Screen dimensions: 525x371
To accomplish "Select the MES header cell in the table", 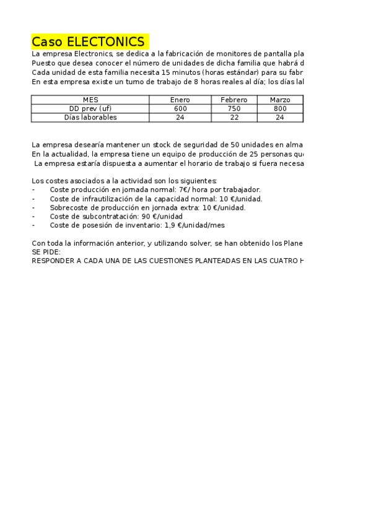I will tap(90, 100).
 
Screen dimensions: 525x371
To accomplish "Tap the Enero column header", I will tap(180, 100).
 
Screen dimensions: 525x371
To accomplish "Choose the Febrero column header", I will tap(234, 100).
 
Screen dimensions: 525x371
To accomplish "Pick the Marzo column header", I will tap(280, 100).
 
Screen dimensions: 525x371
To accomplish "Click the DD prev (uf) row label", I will tap(90, 108).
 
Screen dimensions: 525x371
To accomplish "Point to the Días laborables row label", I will tap(90, 117).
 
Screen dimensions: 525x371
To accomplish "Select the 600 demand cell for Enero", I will tap(180, 108).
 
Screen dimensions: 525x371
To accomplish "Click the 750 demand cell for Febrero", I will tap(234, 108).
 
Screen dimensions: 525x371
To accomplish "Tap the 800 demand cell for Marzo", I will tap(280, 108).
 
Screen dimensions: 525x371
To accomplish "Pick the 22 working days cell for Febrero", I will tap(234, 117).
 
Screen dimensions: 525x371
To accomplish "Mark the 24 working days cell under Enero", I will tap(180, 117).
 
